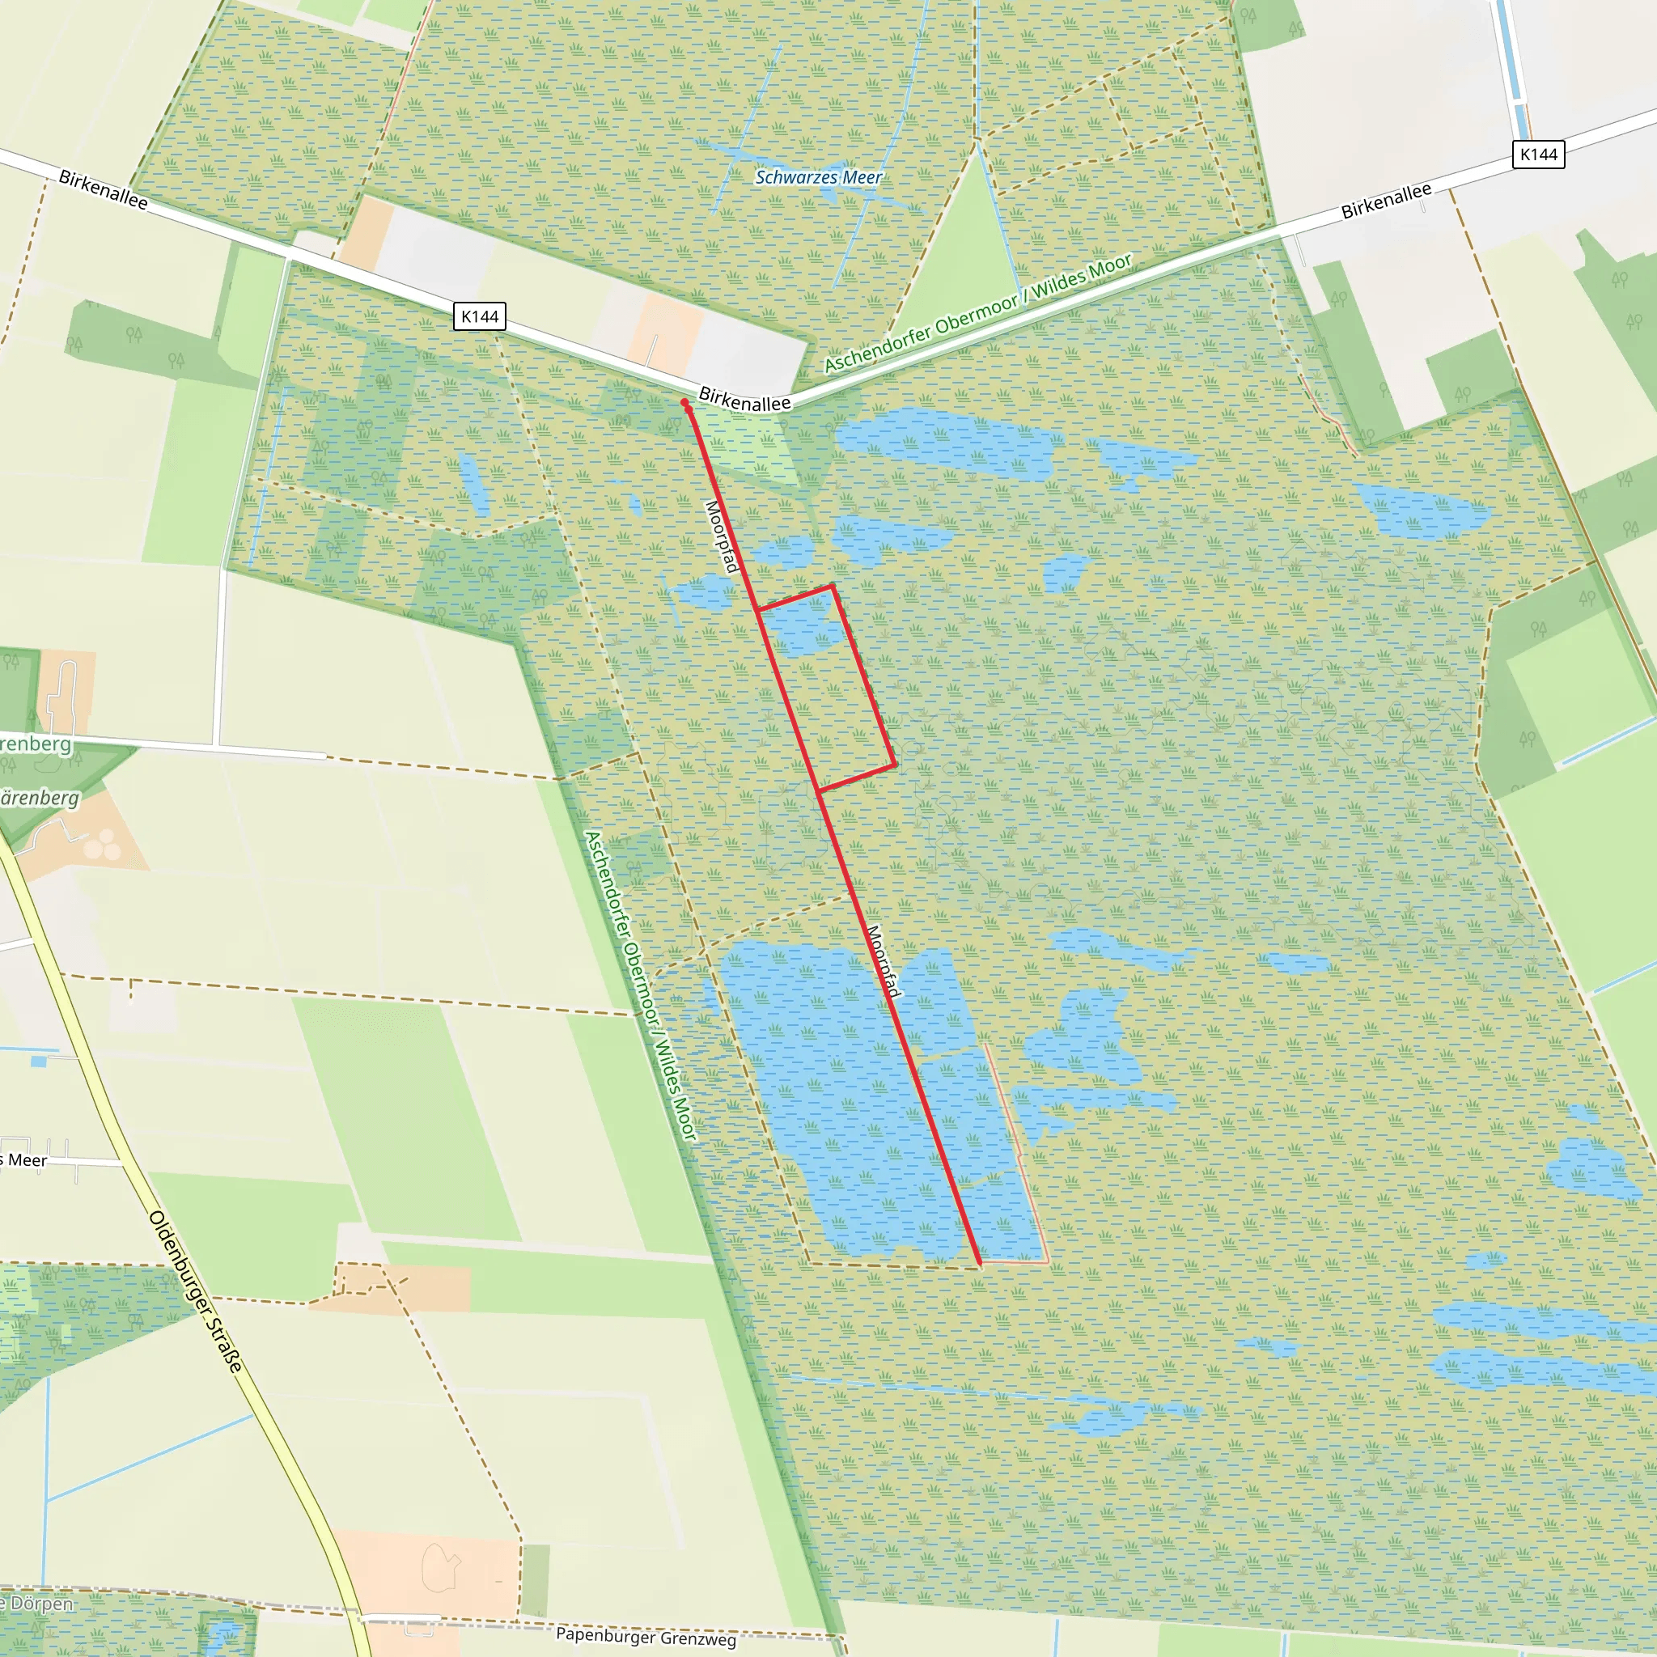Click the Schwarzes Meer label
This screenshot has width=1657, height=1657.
(818, 177)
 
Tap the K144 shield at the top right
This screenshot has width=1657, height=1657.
(1538, 155)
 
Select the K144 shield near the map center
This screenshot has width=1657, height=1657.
(480, 316)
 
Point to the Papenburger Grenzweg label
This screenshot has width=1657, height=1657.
(645, 1637)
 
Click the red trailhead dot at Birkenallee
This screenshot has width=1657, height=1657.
(685, 403)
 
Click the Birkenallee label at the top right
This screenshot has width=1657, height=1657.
(1386, 201)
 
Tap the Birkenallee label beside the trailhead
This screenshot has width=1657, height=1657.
(744, 400)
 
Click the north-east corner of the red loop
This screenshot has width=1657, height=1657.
(832, 587)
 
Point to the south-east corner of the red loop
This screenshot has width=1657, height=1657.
(896, 764)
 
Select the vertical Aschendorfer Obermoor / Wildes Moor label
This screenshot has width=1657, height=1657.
(640, 985)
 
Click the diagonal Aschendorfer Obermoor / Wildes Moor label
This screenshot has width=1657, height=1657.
(977, 312)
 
